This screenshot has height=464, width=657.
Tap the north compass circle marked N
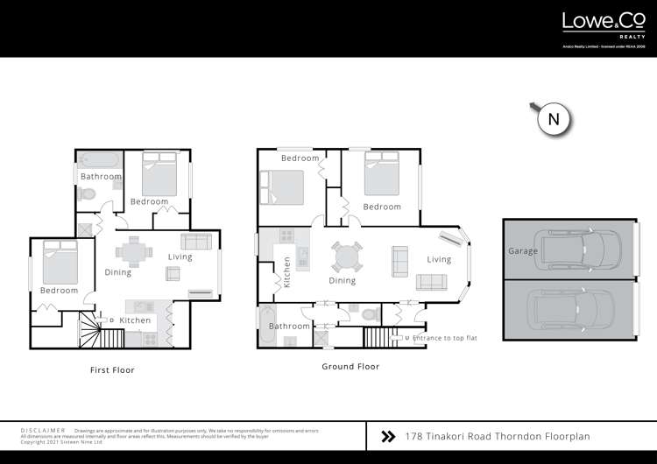coord(553,119)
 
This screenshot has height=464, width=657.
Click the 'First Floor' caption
coord(112,370)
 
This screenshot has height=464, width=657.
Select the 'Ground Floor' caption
coord(350,367)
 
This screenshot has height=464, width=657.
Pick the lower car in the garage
coord(575,307)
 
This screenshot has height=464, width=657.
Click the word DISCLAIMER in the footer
coord(43,431)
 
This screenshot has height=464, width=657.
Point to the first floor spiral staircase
coord(90,331)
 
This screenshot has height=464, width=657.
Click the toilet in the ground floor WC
coord(368,313)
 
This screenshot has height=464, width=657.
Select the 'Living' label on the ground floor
coord(439,259)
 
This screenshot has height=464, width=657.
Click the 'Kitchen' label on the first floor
coord(135,320)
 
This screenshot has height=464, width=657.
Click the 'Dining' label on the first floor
coord(118,272)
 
